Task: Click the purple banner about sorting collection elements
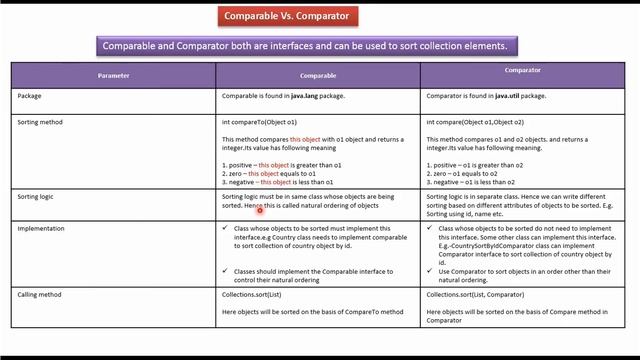(305, 46)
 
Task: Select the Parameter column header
(113, 76)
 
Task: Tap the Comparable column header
(317, 76)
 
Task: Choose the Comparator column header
(522, 71)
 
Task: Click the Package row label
(29, 96)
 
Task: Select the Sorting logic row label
(35, 197)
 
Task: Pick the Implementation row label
(41, 229)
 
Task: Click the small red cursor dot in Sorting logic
(260, 210)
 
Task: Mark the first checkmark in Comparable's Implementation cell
(225, 228)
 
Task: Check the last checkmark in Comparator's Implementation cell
(430, 271)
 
